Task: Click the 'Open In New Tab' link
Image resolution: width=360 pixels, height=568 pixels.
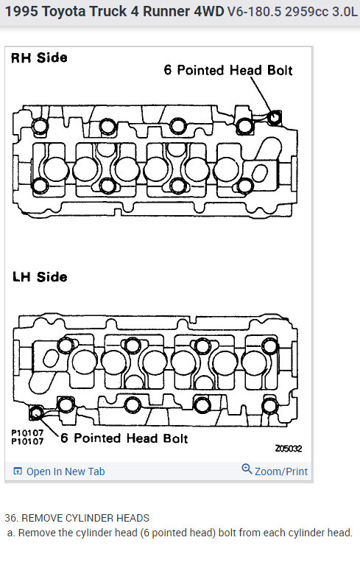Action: [66, 471]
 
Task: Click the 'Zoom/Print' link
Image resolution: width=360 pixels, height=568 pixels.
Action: [281, 471]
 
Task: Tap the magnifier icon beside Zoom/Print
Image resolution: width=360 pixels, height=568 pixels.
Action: [247, 469]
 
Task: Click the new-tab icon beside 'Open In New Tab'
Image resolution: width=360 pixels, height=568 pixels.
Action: [18, 471]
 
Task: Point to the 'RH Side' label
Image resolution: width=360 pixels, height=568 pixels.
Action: [39, 57]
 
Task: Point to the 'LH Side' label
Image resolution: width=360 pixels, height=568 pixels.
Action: [40, 277]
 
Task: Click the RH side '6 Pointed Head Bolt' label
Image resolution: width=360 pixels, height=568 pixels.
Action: [228, 70]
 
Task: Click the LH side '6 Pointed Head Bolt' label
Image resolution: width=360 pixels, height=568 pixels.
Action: [124, 438]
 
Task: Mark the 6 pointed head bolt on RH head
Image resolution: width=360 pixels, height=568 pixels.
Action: [274, 117]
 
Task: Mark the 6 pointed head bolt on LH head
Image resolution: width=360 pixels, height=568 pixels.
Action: [36, 413]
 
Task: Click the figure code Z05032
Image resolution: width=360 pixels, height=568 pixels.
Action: [289, 449]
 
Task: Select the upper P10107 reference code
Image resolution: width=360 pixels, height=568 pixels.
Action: [27, 433]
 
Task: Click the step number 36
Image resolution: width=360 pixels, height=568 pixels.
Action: [11, 518]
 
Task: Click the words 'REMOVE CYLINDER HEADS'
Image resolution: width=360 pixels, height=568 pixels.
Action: [85, 518]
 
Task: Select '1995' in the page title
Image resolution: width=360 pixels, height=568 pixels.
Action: [21, 12]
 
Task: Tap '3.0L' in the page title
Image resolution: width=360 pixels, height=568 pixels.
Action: [344, 12]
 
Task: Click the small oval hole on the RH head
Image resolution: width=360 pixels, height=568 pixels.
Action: [260, 173]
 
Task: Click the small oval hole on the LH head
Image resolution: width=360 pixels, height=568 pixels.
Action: [50, 358]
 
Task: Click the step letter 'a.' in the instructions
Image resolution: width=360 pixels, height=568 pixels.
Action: [12, 533]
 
